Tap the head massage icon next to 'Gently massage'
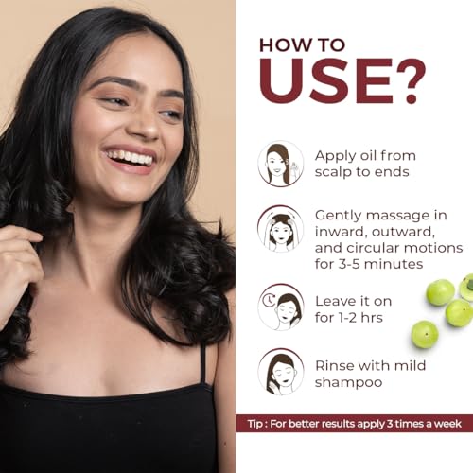point(281,228)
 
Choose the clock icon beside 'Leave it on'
point(281,307)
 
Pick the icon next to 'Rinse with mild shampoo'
point(281,371)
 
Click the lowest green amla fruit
point(425,334)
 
